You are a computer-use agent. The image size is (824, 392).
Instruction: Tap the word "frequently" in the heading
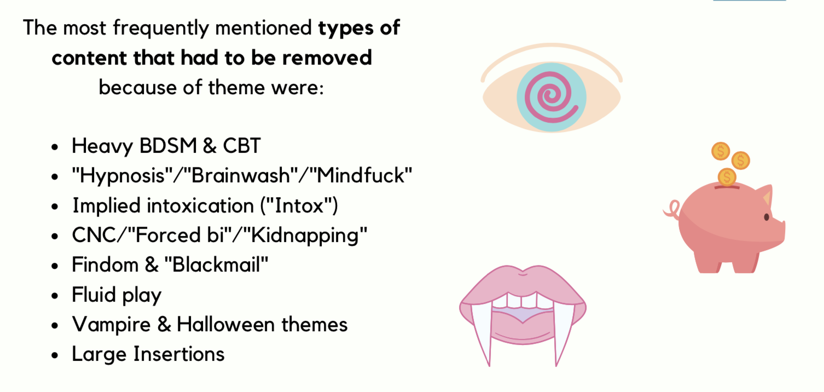coord(161,28)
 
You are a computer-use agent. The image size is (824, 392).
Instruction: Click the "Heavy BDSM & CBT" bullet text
coord(166,146)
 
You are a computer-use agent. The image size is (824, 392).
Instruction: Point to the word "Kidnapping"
coord(305,235)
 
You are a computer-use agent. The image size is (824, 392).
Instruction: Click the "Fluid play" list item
coord(117,295)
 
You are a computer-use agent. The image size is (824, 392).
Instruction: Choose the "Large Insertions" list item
coord(148,354)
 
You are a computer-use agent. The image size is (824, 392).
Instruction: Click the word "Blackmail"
coord(216,264)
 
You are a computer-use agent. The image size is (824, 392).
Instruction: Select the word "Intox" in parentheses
coord(299,205)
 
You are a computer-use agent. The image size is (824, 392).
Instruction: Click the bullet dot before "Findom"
coord(55,266)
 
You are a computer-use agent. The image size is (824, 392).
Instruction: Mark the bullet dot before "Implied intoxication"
coord(55,207)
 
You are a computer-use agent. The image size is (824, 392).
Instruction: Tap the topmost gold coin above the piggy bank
coord(721,151)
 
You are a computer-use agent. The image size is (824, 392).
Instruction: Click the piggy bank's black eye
coord(767,217)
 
